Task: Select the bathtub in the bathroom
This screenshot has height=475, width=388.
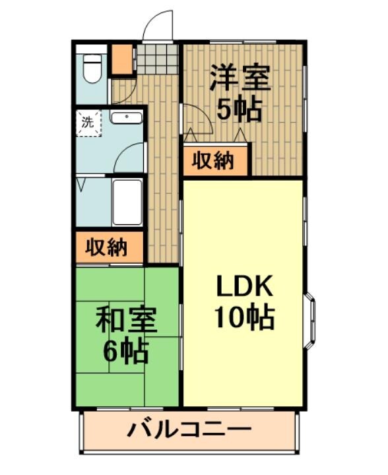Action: point(127,201)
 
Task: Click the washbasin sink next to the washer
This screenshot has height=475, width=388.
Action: point(126,118)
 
